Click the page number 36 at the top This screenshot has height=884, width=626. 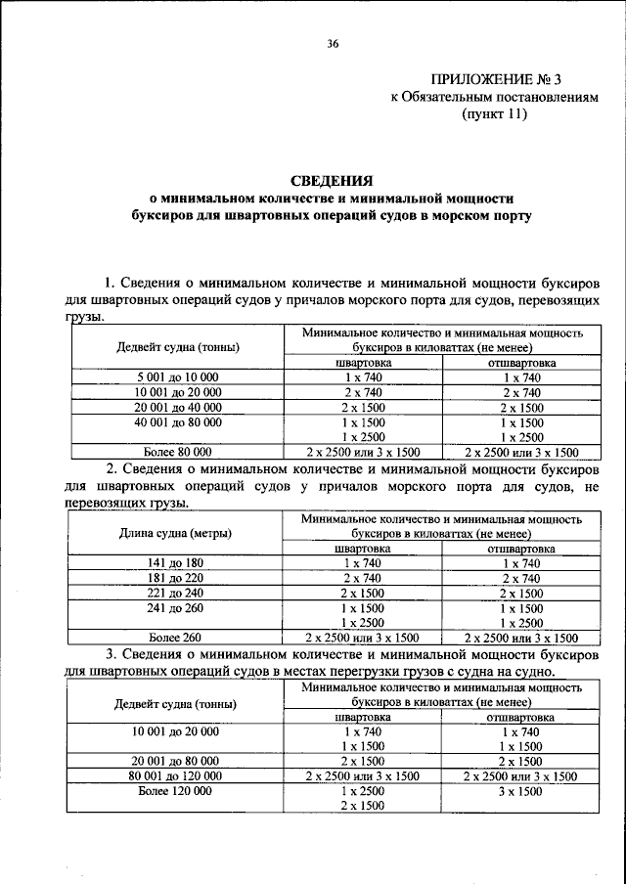click(333, 42)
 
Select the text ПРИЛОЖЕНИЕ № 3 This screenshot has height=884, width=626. click(495, 79)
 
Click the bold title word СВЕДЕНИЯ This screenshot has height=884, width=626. click(333, 180)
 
